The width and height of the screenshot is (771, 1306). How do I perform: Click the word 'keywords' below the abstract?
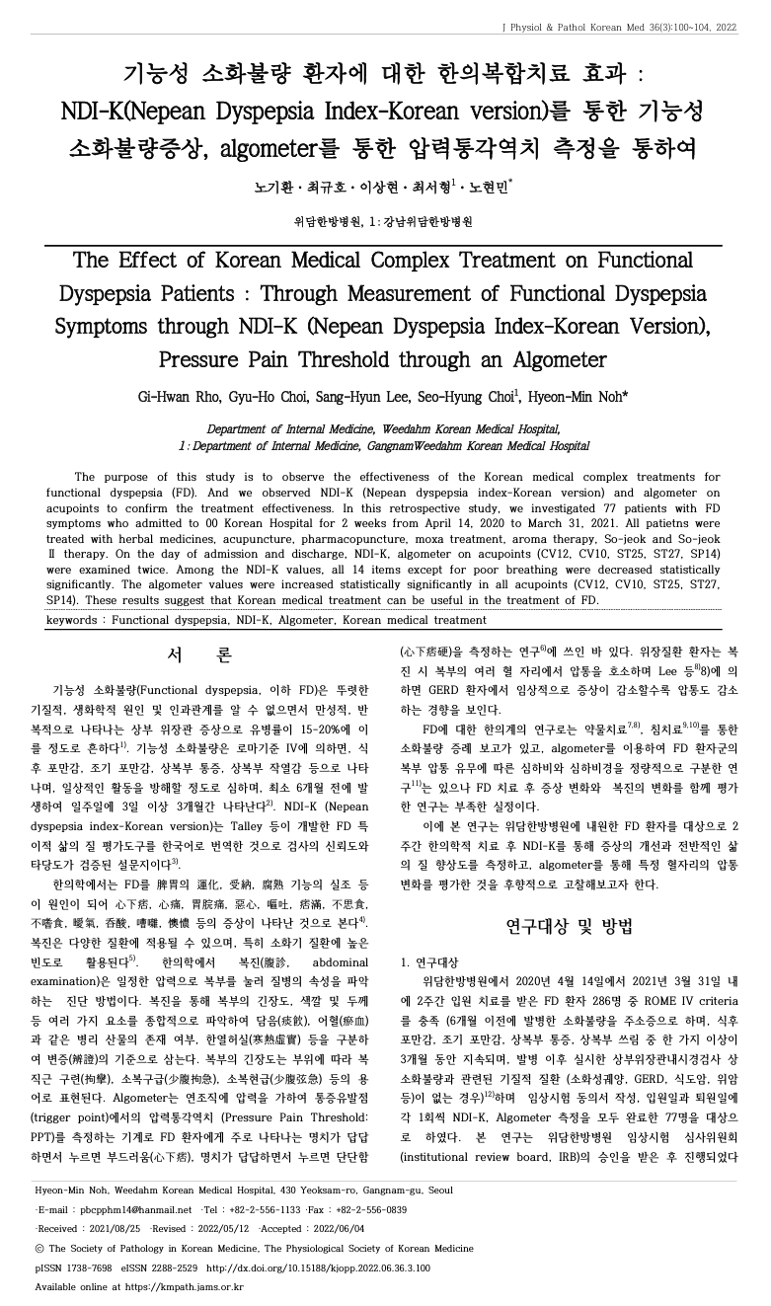74,620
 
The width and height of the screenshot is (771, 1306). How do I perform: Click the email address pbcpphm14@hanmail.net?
136,1208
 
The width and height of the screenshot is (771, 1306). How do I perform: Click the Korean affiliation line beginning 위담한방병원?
383,221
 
